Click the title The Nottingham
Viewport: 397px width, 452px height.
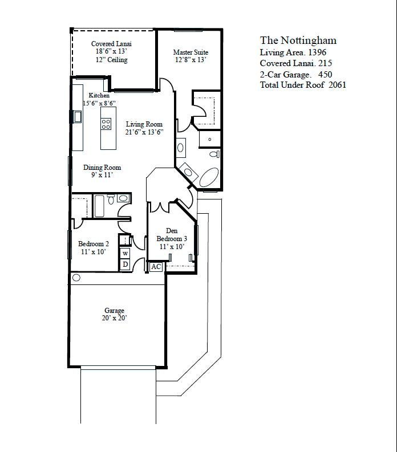(298, 40)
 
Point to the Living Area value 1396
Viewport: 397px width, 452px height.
(317, 52)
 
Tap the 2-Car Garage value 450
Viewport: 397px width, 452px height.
(325, 74)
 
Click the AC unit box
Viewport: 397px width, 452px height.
(156, 267)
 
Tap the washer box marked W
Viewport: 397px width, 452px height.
(125, 254)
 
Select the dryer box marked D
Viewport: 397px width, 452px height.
(125, 264)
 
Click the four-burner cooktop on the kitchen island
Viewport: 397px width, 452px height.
(106, 124)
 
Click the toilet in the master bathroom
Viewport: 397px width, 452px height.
(214, 154)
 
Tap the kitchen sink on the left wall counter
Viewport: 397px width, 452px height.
(78, 117)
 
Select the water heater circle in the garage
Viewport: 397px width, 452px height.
(76, 278)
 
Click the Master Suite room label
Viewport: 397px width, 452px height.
(191, 52)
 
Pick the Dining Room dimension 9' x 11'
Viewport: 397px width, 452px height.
(102, 174)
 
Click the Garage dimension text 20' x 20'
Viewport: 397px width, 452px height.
(114, 318)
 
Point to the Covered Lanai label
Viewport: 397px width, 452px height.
(111, 43)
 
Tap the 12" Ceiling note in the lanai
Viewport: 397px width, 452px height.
(112, 60)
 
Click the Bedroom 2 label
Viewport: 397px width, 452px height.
(94, 243)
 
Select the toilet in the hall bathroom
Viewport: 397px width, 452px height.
(111, 199)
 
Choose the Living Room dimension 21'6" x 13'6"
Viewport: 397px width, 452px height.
(144, 132)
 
